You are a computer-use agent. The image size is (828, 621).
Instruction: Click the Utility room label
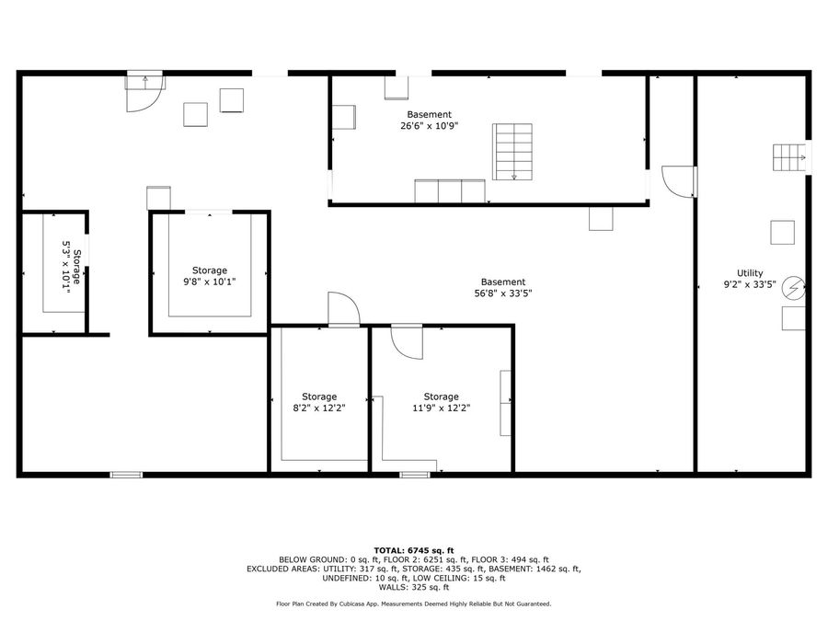click(x=750, y=273)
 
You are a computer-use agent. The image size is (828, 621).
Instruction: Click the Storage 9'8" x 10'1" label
click(x=210, y=270)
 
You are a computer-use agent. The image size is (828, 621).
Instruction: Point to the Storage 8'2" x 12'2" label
click(x=319, y=397)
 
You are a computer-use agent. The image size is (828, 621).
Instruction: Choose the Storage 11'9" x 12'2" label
click(x=441, y=397)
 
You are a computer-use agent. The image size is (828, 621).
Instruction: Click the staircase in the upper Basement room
click(x=513, y=151)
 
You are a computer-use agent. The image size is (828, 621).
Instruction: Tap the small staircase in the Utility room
click(x=788, y=157)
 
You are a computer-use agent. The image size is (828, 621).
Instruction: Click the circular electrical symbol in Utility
click(x=792, y=289)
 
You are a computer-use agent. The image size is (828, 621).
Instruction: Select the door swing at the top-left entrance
click(x=144, y=92)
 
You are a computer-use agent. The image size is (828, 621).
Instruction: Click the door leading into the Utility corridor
click(x=678, y=181)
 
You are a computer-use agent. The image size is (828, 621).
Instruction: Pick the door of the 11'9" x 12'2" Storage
click(x=406, y=341)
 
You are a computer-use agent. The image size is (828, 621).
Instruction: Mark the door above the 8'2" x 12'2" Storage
click(x=344, y=309)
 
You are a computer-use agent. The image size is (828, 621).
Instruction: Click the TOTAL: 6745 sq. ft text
click(x=414, y=549)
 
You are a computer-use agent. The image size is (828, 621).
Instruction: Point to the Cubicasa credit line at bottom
click(x=414, y=604)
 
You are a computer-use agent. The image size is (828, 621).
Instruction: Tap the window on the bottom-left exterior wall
click(x=126, y=475)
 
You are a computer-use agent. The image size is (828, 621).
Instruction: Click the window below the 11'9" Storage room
click(x=415, y=475)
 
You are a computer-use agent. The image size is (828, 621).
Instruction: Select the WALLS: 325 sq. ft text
click(x=414, y=587)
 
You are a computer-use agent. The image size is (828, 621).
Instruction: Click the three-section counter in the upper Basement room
click(x=449, y=190)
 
